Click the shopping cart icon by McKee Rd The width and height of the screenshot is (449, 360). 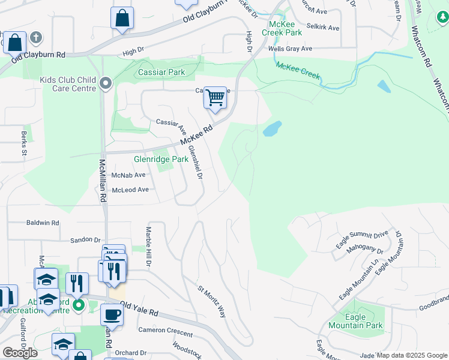(215, 97)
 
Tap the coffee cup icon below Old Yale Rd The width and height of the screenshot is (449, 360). (111, 314)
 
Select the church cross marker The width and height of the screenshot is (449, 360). (36, 38)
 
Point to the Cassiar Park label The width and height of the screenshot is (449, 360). (161, 73)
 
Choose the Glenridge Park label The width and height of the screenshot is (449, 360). (161, 160)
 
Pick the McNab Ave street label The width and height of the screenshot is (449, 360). (128, 175)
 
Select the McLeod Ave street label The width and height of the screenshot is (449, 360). (130, 190)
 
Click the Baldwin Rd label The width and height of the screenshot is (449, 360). (43, 223)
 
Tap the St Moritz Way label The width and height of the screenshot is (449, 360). (212, 302)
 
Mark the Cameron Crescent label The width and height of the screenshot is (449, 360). (166, 331)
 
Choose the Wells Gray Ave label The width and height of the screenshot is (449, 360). (291, 49)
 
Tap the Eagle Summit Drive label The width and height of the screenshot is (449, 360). (363, 239)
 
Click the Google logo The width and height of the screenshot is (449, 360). (20, 352)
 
